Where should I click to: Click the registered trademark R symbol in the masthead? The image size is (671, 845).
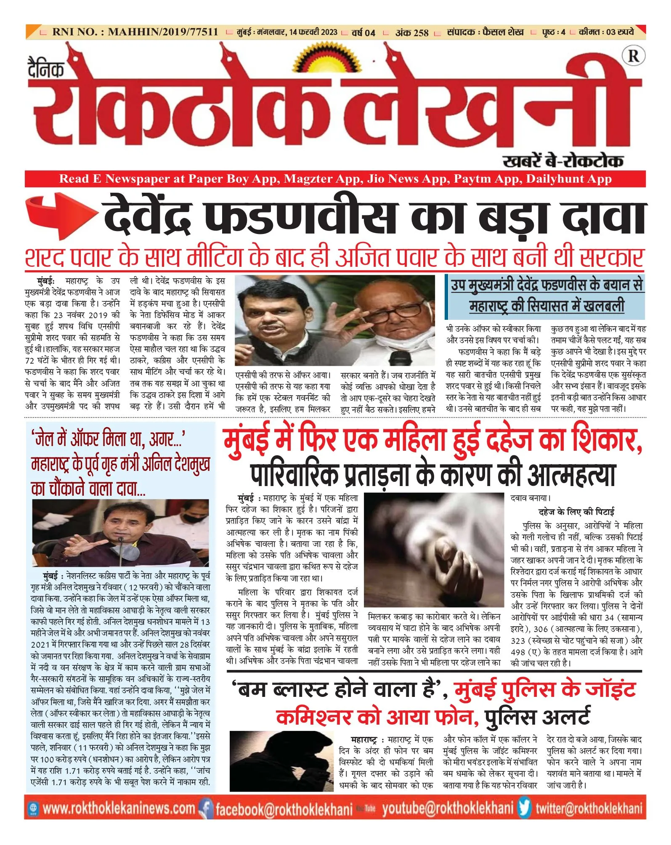point(633,56)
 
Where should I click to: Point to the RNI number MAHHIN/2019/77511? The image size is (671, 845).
point(135,32)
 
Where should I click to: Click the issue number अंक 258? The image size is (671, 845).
point(411,32)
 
